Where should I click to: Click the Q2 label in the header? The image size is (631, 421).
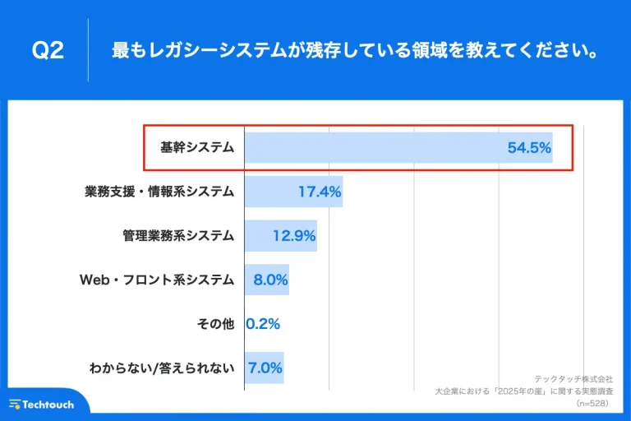48,51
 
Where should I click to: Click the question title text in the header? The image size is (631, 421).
354,51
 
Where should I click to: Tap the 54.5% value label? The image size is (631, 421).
529,148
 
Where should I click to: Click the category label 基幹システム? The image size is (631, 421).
197,148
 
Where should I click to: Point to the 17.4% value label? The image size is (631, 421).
320,192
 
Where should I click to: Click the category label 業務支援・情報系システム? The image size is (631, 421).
159,192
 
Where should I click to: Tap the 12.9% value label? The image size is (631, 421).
294,236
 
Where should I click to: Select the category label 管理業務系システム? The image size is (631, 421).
178,236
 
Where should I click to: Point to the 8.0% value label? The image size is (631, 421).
270,280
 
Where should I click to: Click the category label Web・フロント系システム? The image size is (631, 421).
157,280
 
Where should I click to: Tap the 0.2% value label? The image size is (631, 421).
264,324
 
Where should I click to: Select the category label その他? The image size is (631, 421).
216,324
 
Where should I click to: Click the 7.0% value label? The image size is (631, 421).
266,368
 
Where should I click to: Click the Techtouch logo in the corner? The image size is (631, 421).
42,405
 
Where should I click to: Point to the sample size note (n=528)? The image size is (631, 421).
594,404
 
